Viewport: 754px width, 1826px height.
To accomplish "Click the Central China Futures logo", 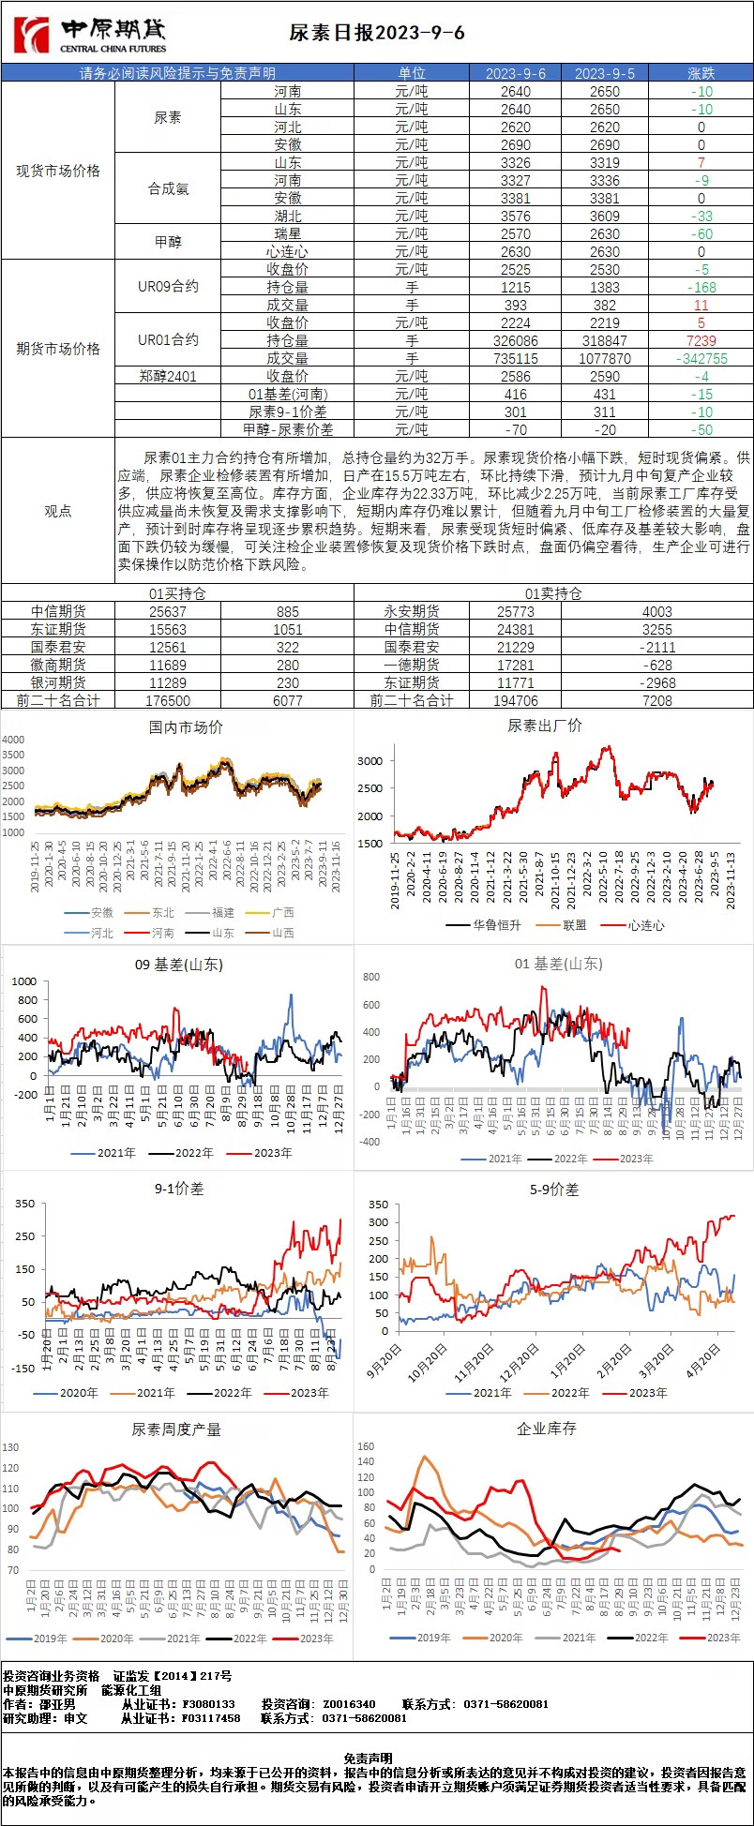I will (x=89, y=35).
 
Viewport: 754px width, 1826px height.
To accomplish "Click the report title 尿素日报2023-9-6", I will (x=377, y=34).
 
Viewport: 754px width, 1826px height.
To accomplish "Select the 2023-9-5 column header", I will (x=604, y=73).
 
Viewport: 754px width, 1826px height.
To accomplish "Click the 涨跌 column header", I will (x=701, y=73).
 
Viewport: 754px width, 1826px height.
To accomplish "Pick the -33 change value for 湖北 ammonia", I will (x=701, y=217).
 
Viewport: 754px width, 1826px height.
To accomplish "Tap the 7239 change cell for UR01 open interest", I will (x=701, y=341).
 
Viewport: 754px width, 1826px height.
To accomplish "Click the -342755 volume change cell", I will (x=701, y=359).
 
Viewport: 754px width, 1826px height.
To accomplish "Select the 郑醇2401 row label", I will (x=168, y=377).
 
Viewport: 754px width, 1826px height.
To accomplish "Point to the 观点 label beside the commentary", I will (x=58, y=511).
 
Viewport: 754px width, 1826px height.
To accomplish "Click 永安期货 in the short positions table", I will (x=412, y=611).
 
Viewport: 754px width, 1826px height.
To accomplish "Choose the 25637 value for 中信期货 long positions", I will (x=168, y=611).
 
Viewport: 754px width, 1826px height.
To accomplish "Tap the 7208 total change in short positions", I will (x=656, y=700).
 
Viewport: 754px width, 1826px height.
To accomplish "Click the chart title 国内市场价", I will (x=186, y=727).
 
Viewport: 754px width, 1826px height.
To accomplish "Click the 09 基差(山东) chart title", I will (x=179, y=965).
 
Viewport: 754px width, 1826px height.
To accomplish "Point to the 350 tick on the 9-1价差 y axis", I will (x=24, y=1204).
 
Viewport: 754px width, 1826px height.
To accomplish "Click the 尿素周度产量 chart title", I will (x=176, y=1429).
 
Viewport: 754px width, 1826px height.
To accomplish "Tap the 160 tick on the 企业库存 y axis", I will (x=366, y=1447).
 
